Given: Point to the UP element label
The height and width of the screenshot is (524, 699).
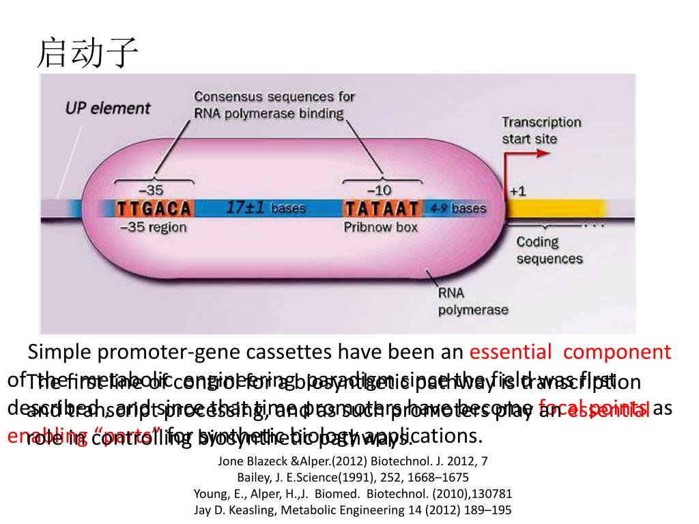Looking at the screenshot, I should [x=108, y=108].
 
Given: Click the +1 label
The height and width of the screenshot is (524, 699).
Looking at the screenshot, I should [x=517, y=192].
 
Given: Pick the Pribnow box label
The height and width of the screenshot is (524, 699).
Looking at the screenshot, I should [x=380, y=227].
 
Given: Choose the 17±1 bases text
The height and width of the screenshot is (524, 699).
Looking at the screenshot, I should [x=266, y=207].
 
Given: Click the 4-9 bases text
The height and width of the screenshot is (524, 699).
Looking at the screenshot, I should [x=459, y=207].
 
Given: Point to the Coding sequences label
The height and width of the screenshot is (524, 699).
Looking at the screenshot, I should [x=549, y=250].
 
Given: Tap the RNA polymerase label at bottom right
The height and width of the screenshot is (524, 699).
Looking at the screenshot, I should [x=472, y=302].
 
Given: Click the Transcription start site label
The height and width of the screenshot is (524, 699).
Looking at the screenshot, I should [x=541, y=130].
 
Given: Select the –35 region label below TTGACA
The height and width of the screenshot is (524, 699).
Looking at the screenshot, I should [x=153, y=227].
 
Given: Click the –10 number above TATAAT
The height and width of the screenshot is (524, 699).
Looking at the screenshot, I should [x=380, y=190].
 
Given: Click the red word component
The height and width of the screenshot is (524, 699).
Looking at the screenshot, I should [x=617, y=352].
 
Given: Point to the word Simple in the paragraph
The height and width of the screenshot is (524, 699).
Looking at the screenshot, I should [x=59, y=352].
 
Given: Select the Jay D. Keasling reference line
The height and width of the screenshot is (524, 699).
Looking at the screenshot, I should [x=353, y=510].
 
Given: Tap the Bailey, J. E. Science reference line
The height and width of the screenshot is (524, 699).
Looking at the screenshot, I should [x=353, y=477].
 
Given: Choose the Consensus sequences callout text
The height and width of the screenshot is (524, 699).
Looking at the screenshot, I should [x=274, y=104].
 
